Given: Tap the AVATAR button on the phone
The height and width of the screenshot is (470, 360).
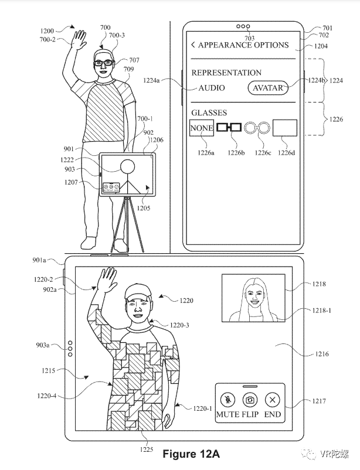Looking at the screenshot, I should (x=267, y=88).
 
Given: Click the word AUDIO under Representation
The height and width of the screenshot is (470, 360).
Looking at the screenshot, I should (x=212, y=88).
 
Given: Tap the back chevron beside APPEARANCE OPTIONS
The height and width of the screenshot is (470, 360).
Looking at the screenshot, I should (x=193, y=45).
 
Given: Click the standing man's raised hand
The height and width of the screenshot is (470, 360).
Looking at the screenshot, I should (x=77, y=40).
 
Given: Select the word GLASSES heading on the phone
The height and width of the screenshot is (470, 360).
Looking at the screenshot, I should (x=209, y=112).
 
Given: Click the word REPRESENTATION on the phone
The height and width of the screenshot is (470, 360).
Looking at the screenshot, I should (x=226, y=73).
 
